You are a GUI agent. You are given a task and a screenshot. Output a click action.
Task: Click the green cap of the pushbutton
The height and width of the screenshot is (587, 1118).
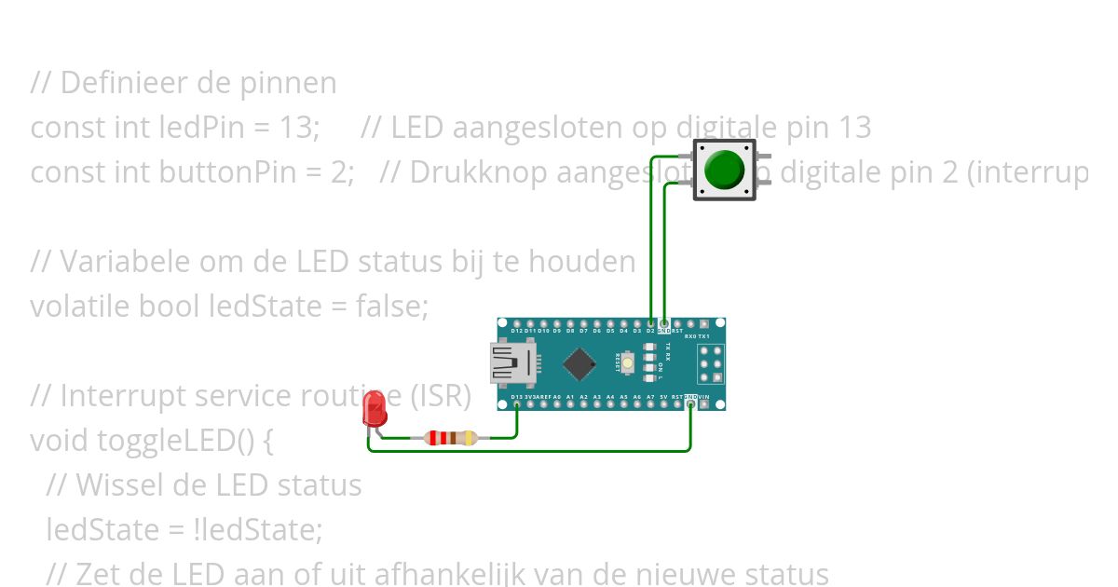click(724, 170)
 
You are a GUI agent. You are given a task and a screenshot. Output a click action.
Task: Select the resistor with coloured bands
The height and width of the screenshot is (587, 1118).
click(450, 438)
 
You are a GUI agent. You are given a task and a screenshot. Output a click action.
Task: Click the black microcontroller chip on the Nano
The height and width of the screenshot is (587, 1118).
click(579, 364)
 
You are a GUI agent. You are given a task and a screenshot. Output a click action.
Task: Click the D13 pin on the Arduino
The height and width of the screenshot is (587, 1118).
click(517, 403)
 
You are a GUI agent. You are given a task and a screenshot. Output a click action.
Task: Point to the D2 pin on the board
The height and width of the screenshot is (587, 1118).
click(650, 324)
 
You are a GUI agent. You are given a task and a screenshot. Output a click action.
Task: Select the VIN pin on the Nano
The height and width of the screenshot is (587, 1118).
click(704, 403)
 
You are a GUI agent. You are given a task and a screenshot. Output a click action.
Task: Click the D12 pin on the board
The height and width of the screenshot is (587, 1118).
click(517, 324)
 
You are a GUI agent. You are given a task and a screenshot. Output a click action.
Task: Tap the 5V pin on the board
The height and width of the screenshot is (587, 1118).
click(663, 403)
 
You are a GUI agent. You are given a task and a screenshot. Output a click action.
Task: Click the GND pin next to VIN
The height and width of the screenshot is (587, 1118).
click(690, 403)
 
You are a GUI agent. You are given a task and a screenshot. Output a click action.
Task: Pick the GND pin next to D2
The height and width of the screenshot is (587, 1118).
click(663, 324)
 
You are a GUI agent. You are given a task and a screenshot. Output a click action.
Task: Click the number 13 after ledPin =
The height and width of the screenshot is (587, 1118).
click(300, 128)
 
